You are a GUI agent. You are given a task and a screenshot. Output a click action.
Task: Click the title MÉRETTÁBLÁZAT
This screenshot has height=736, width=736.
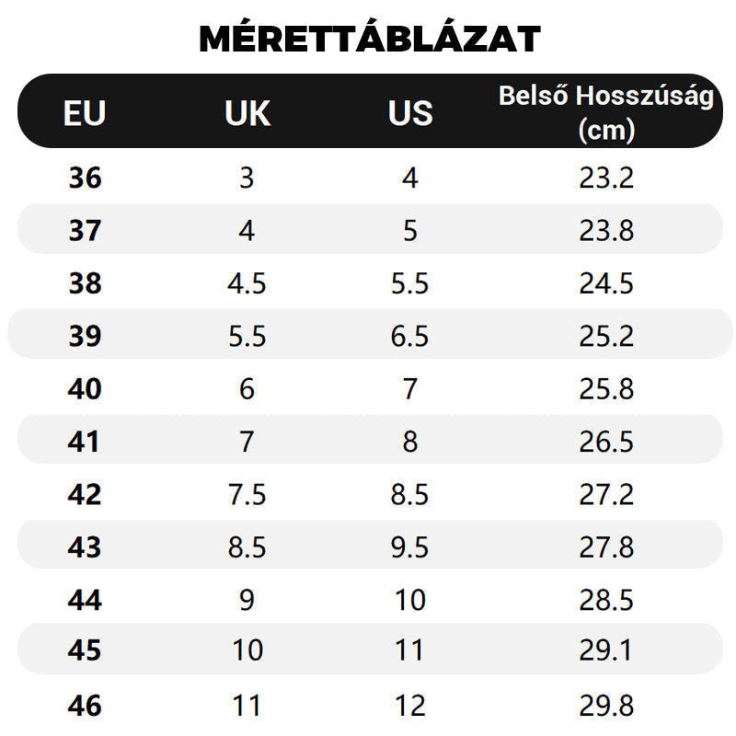(369, 39)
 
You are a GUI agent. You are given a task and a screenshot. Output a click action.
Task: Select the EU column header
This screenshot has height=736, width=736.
(85, 113)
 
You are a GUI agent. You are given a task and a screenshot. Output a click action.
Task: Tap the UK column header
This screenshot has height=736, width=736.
(247, 113)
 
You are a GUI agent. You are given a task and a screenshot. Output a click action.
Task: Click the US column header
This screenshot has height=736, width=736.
(410, 113)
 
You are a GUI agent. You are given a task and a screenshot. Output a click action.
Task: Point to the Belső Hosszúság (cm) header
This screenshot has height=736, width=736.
(606, 112)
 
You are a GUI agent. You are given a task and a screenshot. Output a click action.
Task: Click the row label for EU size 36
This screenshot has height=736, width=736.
(85, 178)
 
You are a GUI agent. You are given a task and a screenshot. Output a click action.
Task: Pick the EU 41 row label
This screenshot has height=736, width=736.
(85, 443)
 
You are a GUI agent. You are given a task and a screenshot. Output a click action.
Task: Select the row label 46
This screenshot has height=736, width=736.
(85, 707)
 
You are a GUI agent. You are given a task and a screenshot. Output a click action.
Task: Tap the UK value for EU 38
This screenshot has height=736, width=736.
(247, 283)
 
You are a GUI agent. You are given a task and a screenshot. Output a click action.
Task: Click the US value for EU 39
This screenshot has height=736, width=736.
(410, 337)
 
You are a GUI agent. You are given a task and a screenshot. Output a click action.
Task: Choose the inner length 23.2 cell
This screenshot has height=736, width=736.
(606, 178)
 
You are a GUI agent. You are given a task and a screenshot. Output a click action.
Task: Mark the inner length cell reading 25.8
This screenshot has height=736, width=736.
(606, 389)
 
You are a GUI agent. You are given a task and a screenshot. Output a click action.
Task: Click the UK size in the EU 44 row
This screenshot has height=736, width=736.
(247, 601)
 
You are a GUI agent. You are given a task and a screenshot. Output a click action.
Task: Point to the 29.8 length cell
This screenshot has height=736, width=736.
(606, 707)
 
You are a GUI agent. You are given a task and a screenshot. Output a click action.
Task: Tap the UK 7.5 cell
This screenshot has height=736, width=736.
(247, 495)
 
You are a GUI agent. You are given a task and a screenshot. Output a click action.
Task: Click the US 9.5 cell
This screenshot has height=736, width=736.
(410, 548)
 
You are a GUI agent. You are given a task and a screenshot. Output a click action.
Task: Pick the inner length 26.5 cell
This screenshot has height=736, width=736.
(606, 443)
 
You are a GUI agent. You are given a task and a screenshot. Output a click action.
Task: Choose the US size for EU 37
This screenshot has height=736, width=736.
(410, 230)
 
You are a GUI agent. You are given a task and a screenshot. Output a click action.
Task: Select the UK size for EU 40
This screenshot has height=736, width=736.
(247, 389)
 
